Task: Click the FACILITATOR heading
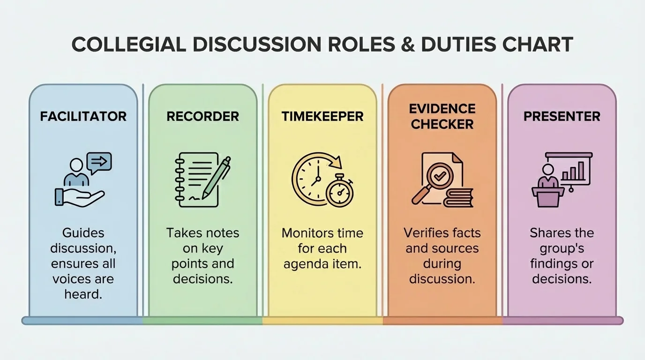[x=83, y=116]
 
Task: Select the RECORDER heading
[x=202, y=116]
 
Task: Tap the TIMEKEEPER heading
[x=322, y=116]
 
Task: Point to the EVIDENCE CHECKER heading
[x=442, y=116]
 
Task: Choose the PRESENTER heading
[x=562, y=116]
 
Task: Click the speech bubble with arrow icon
[x=99, y=162]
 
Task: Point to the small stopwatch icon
[x=340, y=192]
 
